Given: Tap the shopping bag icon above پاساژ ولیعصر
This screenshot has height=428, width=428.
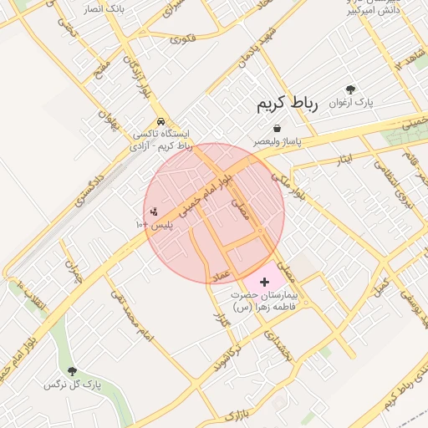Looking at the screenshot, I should [277, 128].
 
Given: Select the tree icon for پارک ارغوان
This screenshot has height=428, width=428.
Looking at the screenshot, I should [349, 90].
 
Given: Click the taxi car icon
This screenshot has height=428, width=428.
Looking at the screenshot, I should [160, 120].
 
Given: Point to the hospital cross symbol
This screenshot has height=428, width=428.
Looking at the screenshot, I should [265, 283].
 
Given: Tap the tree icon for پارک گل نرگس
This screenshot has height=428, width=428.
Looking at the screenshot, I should [72, 370].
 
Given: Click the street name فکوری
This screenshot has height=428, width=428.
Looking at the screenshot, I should [182, 38].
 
